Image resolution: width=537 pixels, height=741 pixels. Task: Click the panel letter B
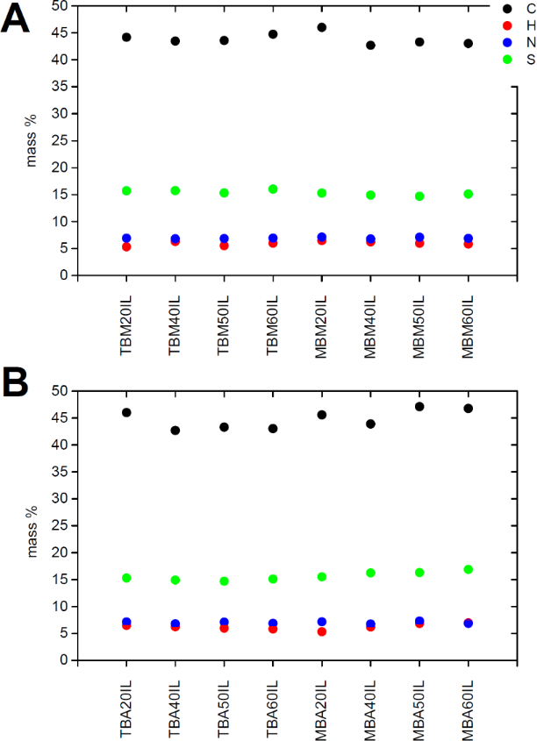point(16,384)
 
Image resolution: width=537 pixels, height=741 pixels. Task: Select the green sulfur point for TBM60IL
point(273,189)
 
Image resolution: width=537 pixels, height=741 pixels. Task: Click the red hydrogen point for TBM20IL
point(126,246)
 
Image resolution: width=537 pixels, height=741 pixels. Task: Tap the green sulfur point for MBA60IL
point(469,569)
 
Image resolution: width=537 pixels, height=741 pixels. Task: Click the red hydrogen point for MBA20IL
point(322,631)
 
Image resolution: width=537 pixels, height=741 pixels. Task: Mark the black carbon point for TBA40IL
point(175,431)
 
